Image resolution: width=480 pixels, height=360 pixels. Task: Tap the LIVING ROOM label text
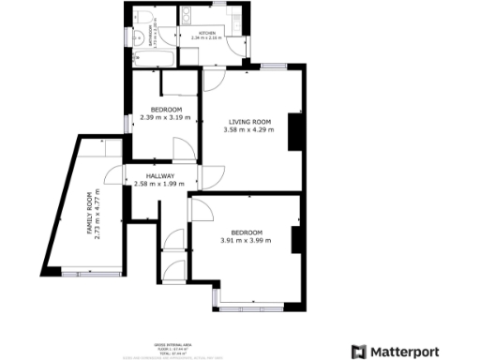(x=249, y=122)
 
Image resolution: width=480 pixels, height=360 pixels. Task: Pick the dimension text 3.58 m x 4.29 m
(x=249, y=130)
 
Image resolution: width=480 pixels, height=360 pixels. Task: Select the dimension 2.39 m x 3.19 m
(x=165, y=117)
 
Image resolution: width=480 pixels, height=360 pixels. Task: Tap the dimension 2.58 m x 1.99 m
(x=160, y=184)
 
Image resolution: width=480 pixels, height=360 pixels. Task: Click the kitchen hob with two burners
(x=185, y=17)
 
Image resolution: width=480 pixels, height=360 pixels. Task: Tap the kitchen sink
(x=228, y=16)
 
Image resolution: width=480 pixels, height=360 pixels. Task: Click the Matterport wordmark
(x=408, y=352)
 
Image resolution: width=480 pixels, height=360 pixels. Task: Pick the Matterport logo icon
(x=357, y=352)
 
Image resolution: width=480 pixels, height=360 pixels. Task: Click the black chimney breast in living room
(x=293, y=133)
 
